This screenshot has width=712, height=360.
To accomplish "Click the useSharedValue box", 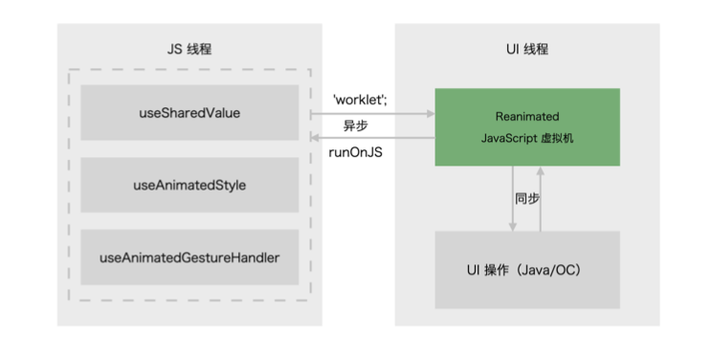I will tap(189, 112).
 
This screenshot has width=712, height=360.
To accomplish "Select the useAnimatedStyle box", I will tap(189, 185).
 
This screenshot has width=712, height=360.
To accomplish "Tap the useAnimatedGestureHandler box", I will tap(189, 257).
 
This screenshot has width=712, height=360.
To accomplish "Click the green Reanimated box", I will tap(527, 126).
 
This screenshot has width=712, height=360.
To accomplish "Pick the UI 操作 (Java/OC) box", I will tap(527, 270).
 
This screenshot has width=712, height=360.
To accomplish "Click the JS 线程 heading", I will tap(189, 49).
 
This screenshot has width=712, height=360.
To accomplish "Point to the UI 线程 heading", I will tap(526, 49).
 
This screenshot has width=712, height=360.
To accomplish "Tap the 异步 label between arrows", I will tap(357, 125).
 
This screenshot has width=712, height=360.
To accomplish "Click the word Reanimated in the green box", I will tap(527, 115).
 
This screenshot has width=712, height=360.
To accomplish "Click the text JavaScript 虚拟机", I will tap(527, 138).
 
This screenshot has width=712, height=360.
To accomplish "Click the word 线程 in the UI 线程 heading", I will tap(537, 49).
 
